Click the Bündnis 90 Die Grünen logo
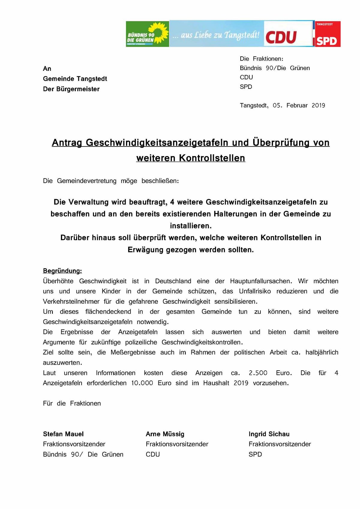147,34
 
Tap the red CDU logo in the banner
281,37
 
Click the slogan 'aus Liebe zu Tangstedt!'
216,35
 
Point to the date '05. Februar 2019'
299,105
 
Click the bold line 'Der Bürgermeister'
71,89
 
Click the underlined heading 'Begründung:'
62,271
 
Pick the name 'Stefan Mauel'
63,434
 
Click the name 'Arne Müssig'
165,434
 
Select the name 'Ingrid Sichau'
269,434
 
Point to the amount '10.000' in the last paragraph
142,383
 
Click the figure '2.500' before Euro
258,373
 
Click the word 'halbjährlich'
322,352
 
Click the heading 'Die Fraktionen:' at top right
262,59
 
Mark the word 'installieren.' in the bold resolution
191,226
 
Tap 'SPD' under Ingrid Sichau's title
255,454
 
